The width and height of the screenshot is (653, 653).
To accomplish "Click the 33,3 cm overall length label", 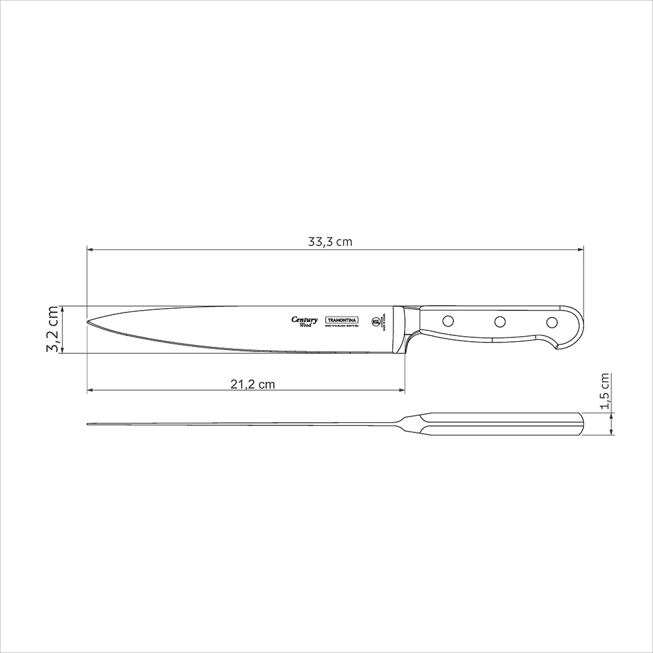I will point(330,242).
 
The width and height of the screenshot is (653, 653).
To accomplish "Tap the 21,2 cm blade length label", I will point(252,384).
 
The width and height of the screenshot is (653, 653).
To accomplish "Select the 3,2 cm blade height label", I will point(54,329).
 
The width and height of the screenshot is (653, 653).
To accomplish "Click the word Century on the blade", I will point(304,319).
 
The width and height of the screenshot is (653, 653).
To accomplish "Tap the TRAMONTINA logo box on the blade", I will point(342,320).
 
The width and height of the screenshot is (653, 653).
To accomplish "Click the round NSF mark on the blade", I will point(376,321).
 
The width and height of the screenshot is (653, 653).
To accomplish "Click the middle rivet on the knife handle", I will point(501,321).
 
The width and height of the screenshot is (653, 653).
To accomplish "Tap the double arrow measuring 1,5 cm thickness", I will point(612,424).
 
